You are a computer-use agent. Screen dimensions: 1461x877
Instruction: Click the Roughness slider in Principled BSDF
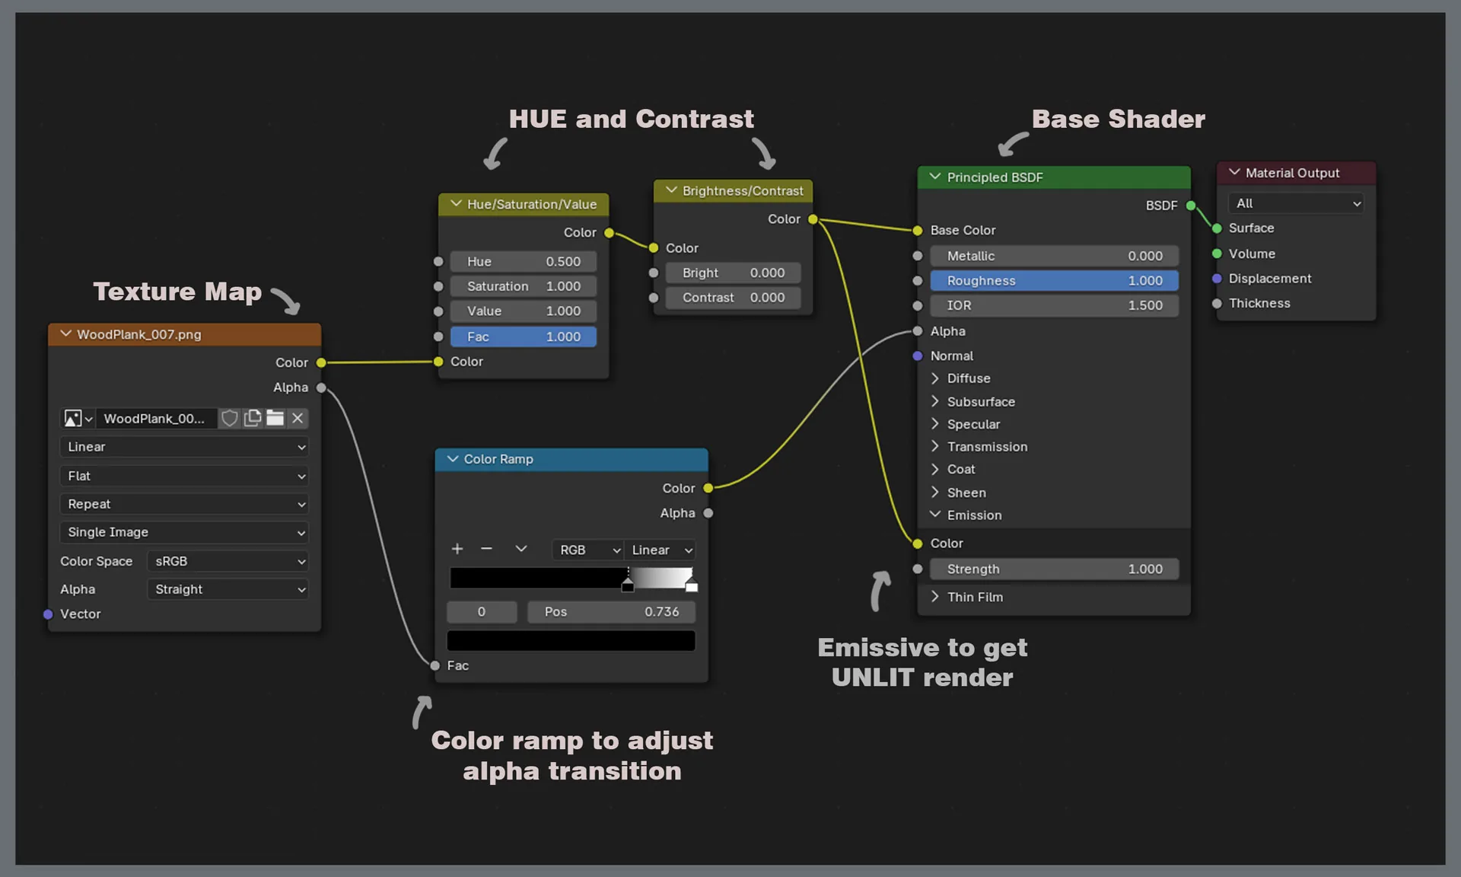(x=1054, y=281)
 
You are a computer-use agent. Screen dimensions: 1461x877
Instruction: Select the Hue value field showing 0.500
(x=524, y=262)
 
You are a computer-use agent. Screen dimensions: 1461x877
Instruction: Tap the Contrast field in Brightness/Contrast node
(x=733, y=298)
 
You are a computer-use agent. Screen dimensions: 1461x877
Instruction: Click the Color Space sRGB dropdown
(x=228, y=562)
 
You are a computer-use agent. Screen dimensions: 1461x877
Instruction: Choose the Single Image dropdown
(x=184, y=533)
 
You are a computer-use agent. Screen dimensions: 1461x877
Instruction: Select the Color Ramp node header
(x=571, y=460)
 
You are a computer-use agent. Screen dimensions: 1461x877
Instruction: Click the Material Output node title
(x=1292, y=174)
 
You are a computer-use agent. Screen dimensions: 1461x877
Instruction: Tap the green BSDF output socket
(x=1191, y=206)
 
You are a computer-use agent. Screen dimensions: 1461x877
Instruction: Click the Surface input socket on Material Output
(x=1217, y=228)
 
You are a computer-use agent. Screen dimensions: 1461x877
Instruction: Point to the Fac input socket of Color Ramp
(x=435, y=666)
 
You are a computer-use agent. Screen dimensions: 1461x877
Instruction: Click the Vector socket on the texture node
(x=48, y=614)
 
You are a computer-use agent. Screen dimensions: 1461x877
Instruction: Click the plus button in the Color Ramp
(x=457, y=550)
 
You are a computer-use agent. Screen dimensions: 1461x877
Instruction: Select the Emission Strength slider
(x=1054, y=569)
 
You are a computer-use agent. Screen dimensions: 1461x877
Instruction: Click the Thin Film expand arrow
(x=935, y=598)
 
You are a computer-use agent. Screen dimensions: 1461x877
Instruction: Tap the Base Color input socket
(x=918, y=231)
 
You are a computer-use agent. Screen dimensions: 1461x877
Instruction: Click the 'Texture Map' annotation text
(x=177, y=292)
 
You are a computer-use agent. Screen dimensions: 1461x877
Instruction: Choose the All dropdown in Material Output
(x=1296, y=204)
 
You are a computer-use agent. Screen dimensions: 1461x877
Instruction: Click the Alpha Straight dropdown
(x=228, y=590)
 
